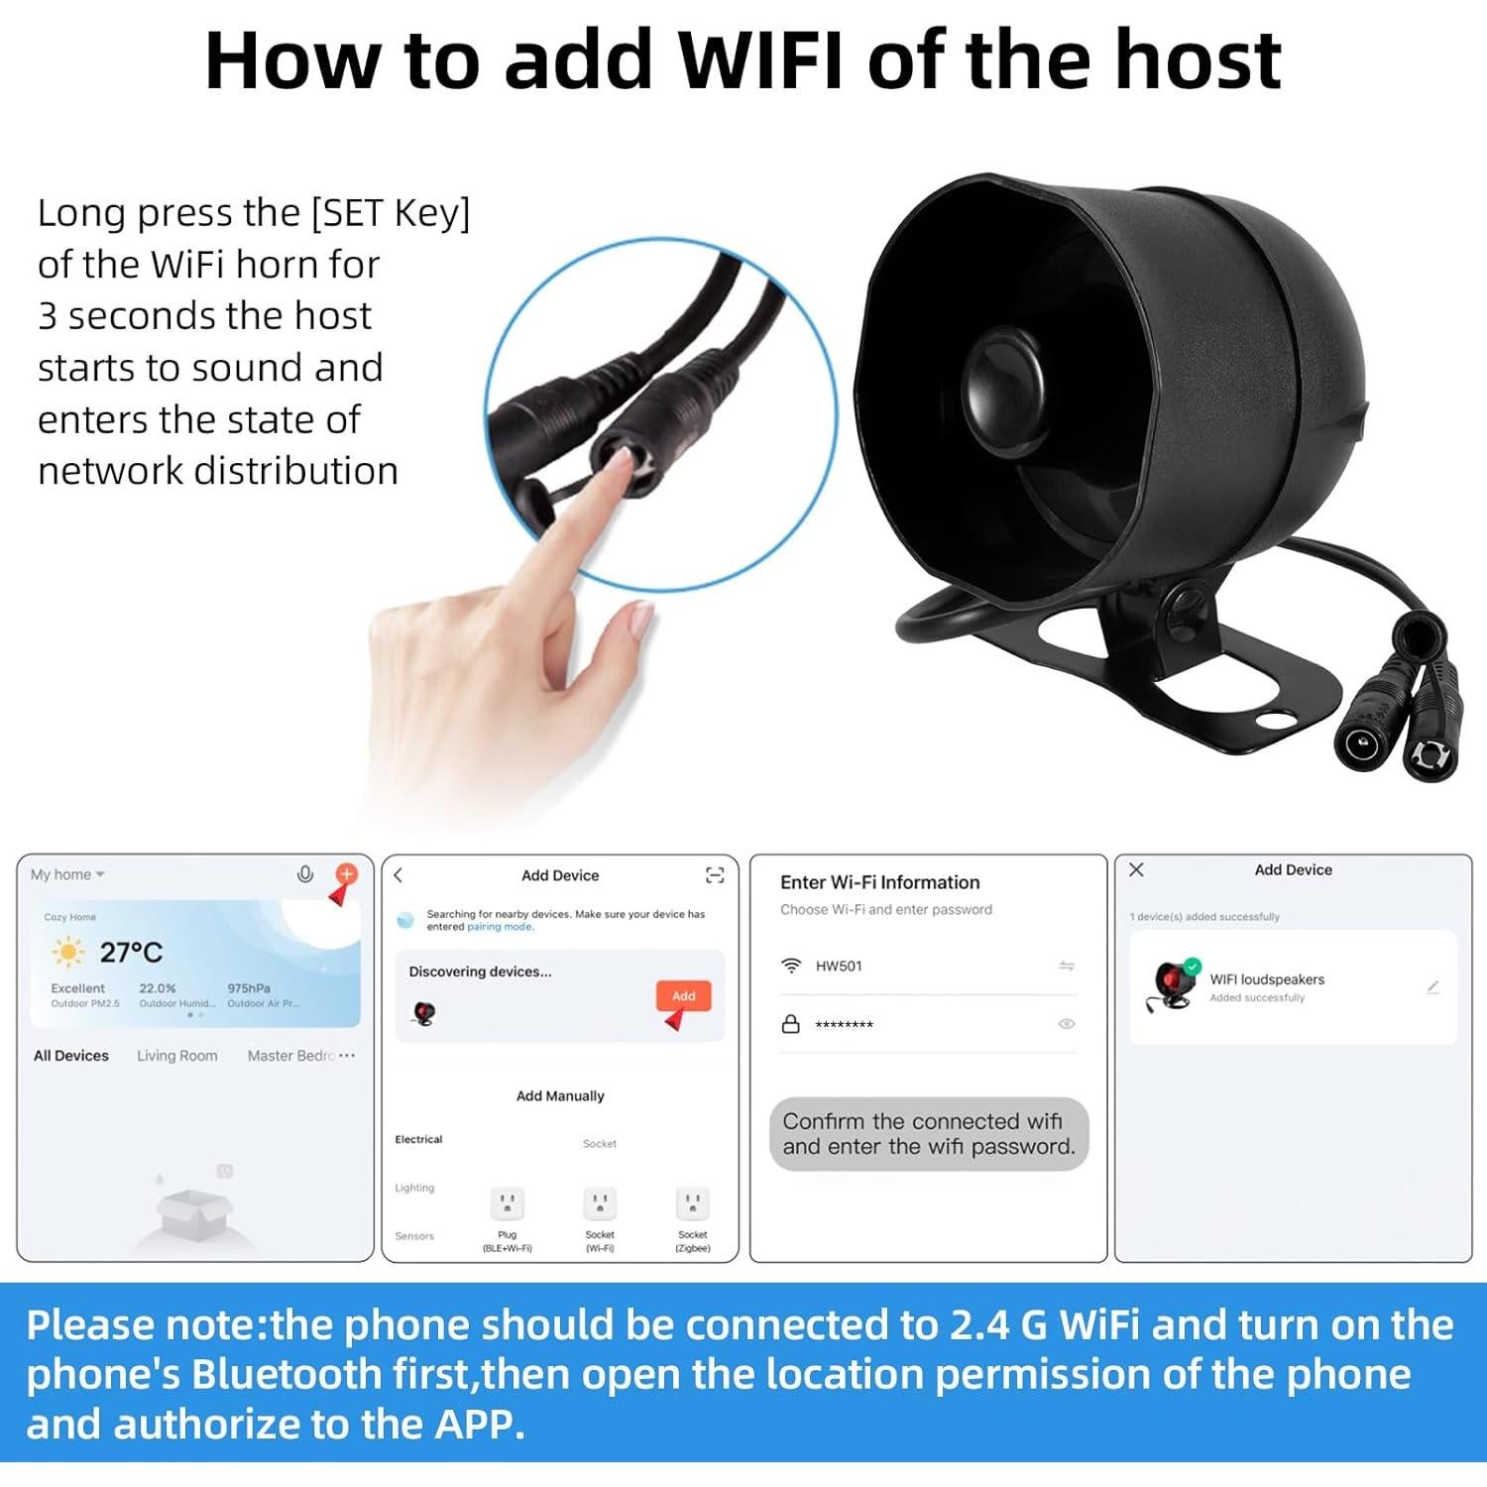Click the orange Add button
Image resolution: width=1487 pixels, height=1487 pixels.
pos(683,995)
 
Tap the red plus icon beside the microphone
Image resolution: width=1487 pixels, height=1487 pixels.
pos(346,873)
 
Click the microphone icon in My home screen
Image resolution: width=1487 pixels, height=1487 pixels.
pos(305,874)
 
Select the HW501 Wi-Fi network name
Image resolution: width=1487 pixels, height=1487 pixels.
pos(839,966)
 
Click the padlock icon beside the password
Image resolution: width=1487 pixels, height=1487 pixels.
pos(790,1024)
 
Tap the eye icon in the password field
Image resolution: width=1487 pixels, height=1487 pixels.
pos(1067,1024)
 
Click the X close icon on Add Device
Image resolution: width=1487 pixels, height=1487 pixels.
pos(1136,869)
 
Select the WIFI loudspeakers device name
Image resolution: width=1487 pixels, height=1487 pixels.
pos(1266,979)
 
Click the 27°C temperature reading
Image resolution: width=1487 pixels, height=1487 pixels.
pos(131,953)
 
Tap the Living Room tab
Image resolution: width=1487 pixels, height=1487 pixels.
pos(176,1056)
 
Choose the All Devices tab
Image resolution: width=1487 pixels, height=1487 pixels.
pos(71,1056)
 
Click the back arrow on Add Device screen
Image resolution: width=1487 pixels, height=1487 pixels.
pos(399,875)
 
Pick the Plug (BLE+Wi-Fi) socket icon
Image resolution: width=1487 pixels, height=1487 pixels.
pos(507,1204)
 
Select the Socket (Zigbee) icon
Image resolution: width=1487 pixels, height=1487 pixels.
pos(692,1204)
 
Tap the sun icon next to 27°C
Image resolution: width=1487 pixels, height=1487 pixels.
pos(67,953)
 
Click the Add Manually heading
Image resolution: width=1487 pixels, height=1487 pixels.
pos(560,1095)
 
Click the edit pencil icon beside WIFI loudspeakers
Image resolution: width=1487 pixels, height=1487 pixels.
pos(1432,987)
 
